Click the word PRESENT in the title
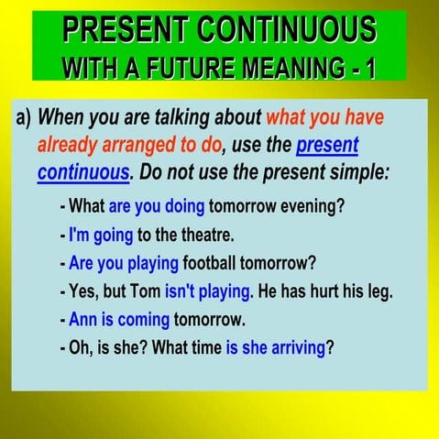[122, 29]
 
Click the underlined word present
[327, 145]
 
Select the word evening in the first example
[316, 204]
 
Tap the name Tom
[146, 292]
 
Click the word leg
[379, 292]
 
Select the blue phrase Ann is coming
[119, 321]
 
